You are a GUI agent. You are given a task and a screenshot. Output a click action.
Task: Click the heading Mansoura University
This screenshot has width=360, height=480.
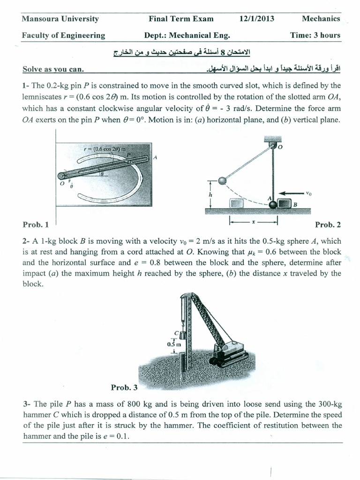(x=60, y=19)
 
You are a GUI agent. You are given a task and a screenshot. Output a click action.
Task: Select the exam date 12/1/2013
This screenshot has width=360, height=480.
(x=256, y=19)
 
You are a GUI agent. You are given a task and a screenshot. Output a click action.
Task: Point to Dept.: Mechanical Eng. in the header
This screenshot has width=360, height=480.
(x=187, y=35)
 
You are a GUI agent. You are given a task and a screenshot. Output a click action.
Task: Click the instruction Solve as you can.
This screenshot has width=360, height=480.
(x=53, y=69)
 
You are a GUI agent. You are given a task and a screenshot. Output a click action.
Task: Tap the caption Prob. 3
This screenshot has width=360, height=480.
(x=124, y=387)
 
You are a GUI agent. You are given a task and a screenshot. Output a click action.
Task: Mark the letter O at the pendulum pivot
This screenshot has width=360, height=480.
(x=280, y=147)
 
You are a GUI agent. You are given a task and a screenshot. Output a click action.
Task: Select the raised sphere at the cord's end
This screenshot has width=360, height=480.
(x=223, y=180)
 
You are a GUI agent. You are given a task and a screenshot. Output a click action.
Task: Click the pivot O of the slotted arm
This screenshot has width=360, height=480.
(x=60, y=176)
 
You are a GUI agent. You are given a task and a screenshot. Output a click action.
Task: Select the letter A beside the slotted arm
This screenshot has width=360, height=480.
(x=155, y=157)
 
